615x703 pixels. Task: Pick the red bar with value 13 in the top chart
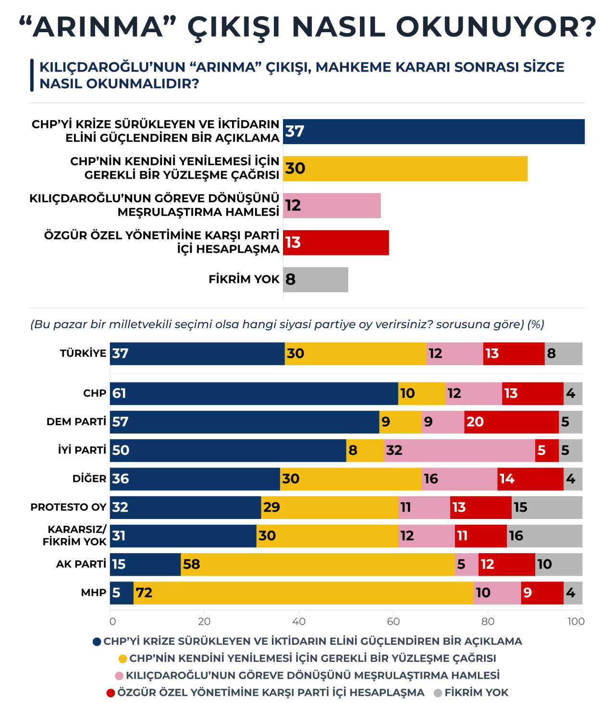click(336, 243)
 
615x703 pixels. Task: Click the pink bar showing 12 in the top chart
click(332, 206)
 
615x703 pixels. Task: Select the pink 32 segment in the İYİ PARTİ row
click(460, 450)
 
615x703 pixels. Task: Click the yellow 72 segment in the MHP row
click(304, 593)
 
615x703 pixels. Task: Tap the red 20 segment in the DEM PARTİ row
click(512, 422)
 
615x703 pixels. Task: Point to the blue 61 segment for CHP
click(254, 394)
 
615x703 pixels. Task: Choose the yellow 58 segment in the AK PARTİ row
click(318, 565)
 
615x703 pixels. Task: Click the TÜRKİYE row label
click(83, 353)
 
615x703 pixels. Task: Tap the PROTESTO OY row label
click(68, 507)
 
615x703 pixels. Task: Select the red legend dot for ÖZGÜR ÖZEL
click(111, 693)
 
